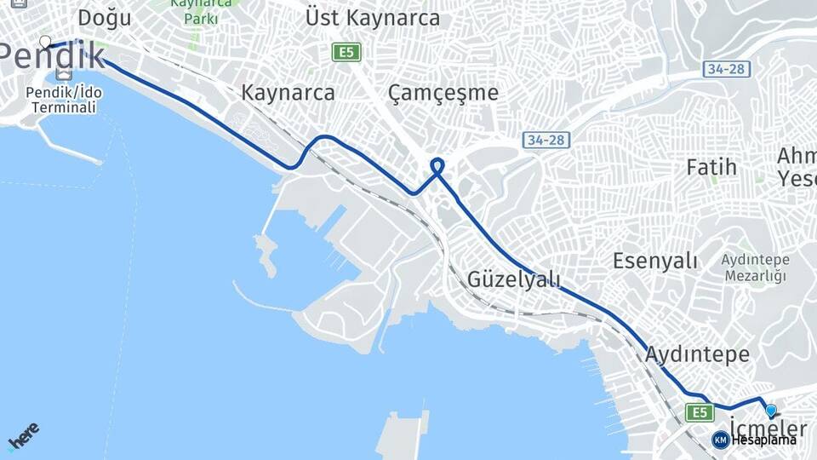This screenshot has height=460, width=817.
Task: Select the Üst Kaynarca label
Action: (x=373, y=18)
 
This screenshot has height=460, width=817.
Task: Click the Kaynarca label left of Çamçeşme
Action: (x=288, y=92)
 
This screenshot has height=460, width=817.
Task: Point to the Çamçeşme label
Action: (x=443, y=92)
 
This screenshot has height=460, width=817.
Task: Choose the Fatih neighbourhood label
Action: (x=711, y=166)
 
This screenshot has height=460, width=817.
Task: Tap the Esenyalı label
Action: (x=655, y=261)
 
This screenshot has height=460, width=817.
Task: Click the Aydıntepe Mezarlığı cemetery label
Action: (x=755, y=267)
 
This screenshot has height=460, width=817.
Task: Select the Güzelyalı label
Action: (x=514, y=279)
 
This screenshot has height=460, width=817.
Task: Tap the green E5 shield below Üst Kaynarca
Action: (x=346, y=53)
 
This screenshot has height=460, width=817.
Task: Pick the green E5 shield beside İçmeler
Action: (x=700, y=413)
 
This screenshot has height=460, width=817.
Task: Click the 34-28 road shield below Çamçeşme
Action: (x=546, y=139)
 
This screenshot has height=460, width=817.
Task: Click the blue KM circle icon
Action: (x=720, y=440)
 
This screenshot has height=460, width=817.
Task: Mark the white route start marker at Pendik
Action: (x=44, y=41)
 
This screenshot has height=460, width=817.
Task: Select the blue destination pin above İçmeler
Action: (x=770, y=410)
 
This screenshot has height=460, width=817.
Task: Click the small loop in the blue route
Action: (x=437, y=165)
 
